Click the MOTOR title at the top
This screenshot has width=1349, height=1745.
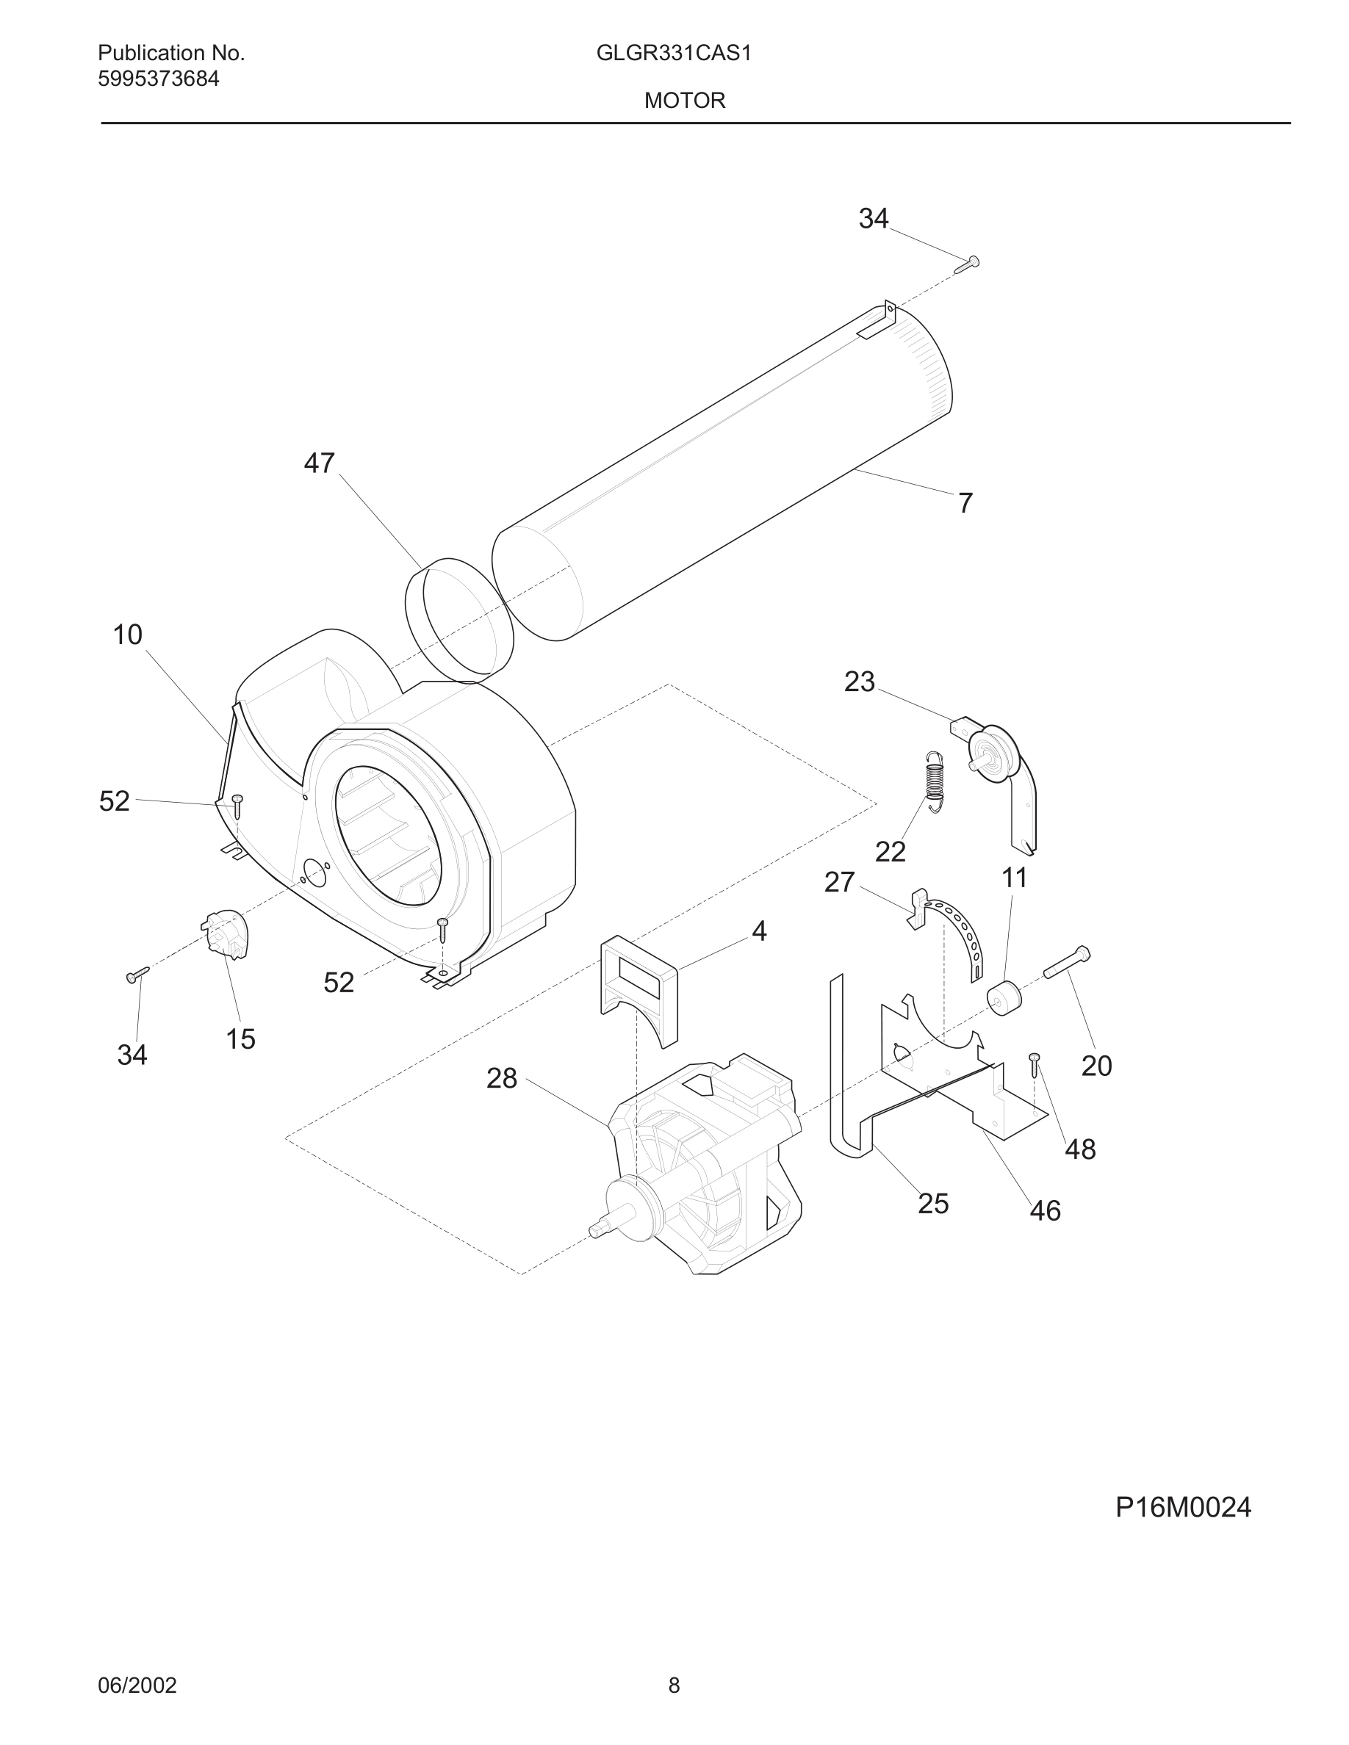[685, 101]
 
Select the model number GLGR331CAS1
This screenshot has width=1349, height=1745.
[674, 54]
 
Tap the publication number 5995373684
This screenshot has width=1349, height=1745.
[158, 79]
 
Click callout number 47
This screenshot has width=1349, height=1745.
[319, 463]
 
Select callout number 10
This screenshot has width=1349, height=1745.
[127, 635]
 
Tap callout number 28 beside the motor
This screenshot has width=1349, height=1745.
[502, 1079]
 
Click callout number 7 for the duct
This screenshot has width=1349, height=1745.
[965, 503]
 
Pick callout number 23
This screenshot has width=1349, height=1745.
[859, 682]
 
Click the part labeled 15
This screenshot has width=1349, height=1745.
[226, 935]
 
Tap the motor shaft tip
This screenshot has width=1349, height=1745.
[596, 1229]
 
